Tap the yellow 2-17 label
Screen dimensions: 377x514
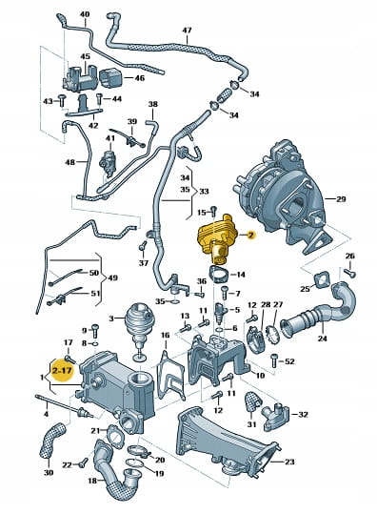(63, 371)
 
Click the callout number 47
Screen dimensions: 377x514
(187, 31)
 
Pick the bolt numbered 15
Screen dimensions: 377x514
(213, 211)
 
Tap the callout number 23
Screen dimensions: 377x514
(289, 462)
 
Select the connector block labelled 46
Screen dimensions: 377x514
(110, 78)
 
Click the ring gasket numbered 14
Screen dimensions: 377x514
(220, 275)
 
